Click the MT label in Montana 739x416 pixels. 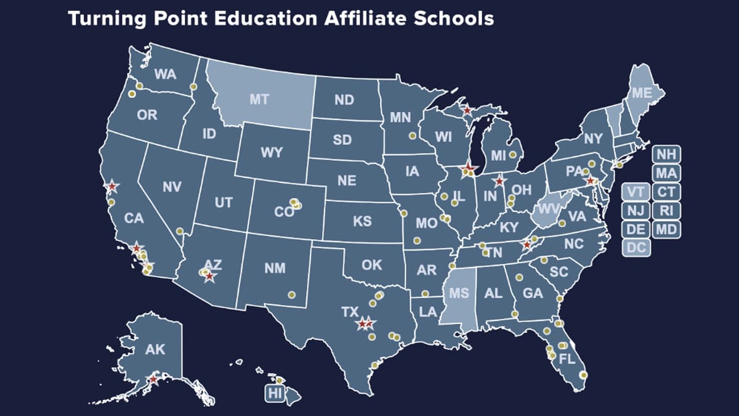(x=259, y=99)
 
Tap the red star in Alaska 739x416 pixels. (x=153, y=380)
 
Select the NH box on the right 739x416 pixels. (x=666, y=155)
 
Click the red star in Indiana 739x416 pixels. (x=499, y=181)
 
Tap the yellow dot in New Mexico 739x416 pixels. (x=292, y=295)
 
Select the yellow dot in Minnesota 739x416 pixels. (x=412, y=136)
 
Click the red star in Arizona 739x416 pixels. (x=209, y=277)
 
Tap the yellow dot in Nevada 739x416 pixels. (x=180, y=231)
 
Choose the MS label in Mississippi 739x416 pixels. (x=458, y=293)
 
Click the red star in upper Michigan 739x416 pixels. (x=467, y=110)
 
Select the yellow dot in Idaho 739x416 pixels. (x=193, y=87)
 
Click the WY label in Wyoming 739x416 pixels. (x=271, y=152)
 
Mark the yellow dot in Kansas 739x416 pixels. (x=404, y=213)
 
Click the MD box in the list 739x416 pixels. (x=666, y=230)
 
